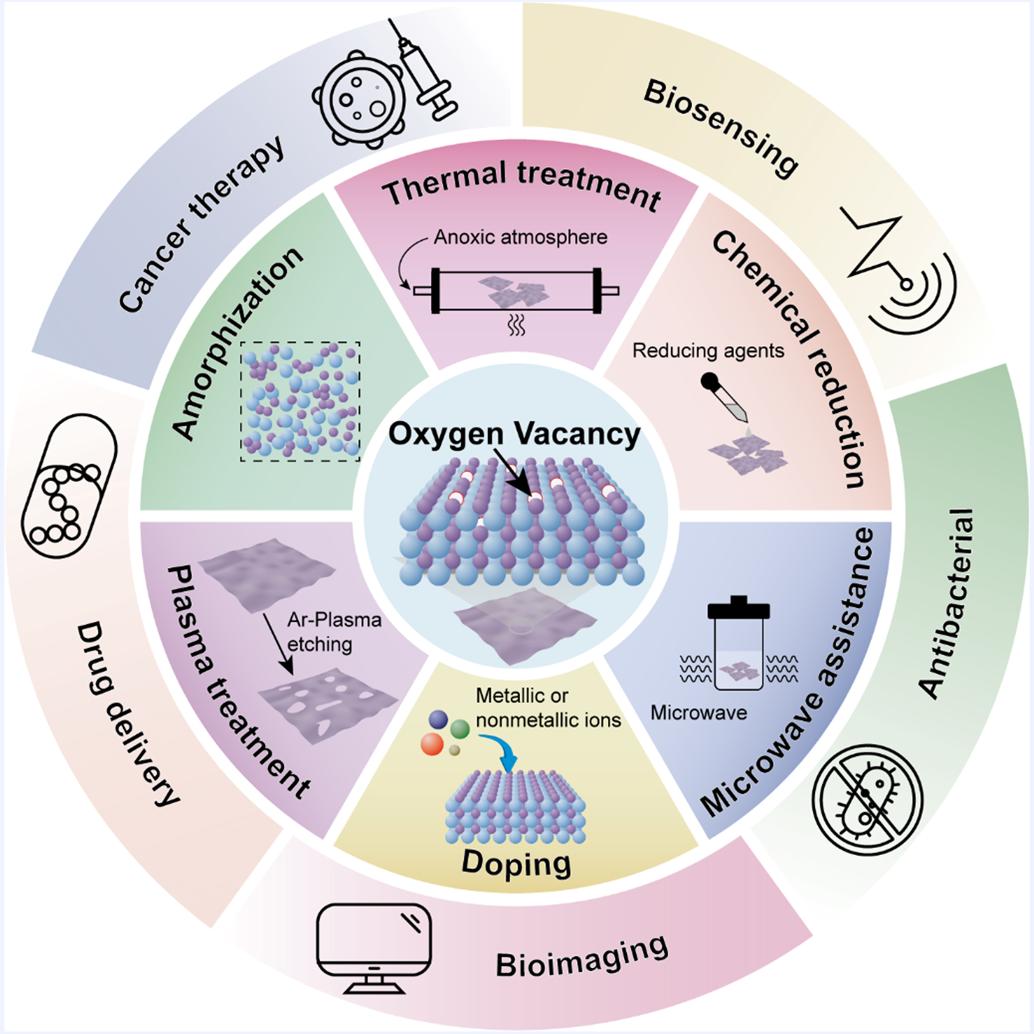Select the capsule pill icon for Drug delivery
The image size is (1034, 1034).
click(x=68, y=486)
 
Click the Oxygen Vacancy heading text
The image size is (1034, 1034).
click(x=514, y=434)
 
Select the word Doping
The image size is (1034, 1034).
click(x=516, y=862)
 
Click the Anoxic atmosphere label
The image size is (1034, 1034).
click(x=520, y=236)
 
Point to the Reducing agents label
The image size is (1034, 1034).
click(x=708, y=351)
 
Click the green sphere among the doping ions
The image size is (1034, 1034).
click(x=460, y=728)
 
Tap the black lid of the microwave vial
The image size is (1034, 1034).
click(x=739, y=608)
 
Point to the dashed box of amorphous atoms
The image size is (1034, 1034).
click(x=300, y=401)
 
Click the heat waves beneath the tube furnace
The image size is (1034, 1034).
click(x=516, y=325)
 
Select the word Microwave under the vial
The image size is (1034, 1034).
click(x=698, y=712)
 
